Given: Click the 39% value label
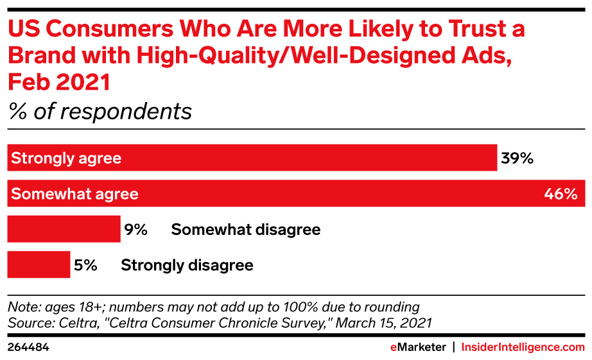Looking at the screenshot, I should click(x=518, y=159).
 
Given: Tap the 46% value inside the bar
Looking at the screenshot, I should click(x=561, y=194).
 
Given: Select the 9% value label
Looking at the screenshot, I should click(x=137, y=230).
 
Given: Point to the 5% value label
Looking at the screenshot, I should click(x=86, y=265).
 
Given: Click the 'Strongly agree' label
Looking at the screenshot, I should click(x=66, y=159).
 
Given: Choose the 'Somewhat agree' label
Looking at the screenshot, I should click(x=74, y=194).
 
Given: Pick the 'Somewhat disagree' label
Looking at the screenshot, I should click(x=245, y=230).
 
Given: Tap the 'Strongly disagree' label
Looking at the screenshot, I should click(x=187, y=265).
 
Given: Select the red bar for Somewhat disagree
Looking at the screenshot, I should click(x=64, y=230).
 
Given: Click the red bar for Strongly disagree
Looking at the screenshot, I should click(x=39, y=265).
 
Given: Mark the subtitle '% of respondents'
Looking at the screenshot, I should click(x=100, y=111).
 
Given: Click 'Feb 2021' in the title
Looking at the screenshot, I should click(x=59, y=83).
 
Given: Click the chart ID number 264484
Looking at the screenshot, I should click(x=28, y=347).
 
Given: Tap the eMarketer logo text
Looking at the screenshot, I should click(x=418, y=347).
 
